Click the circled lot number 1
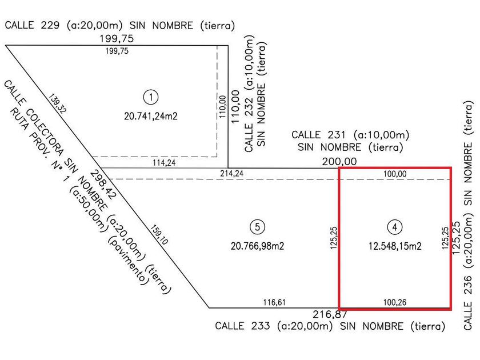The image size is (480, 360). tap(150, 97)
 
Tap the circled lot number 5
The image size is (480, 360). tap(258, 227)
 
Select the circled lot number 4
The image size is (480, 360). tap(395, 227)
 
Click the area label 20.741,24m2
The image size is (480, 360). tap(150, 116)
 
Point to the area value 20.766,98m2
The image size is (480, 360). tap(258, 246)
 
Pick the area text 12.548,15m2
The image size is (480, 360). tap(395, 246)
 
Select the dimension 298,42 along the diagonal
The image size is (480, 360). tap(103, 184)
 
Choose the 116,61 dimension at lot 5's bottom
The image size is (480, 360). tap(275, 302)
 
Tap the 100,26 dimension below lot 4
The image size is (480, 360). tap(394, 302)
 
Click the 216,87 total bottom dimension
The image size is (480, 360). tap(330, 314)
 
